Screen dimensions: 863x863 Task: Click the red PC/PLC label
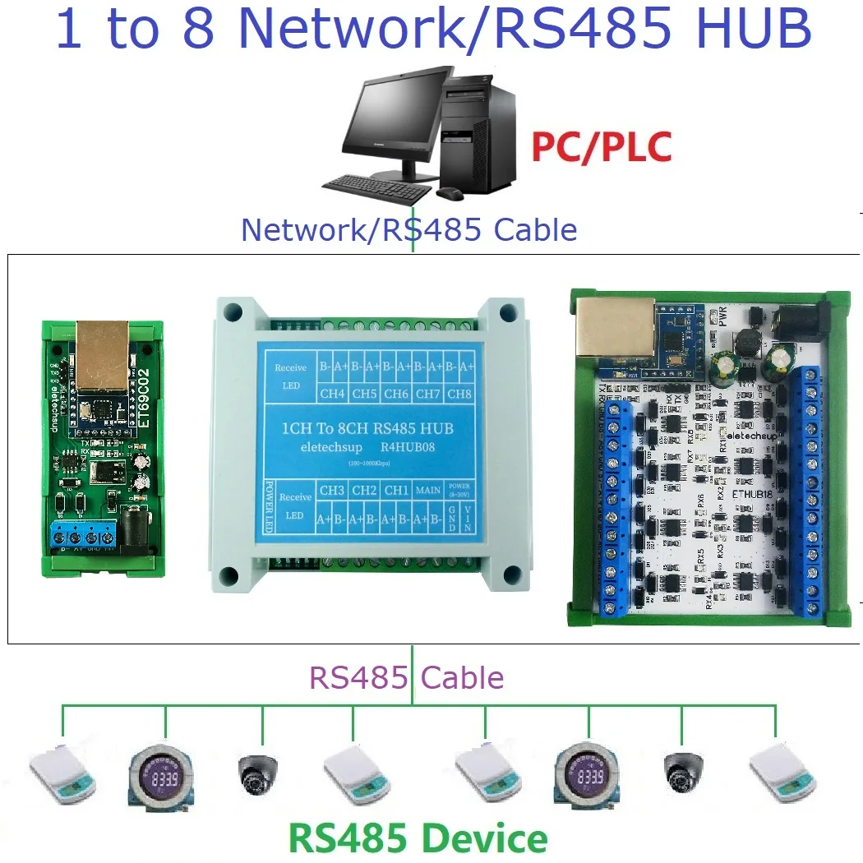(601, 147)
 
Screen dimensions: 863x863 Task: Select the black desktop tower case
(479, 136)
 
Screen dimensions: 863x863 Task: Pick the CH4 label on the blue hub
(332, 393)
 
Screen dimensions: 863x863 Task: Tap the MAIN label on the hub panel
(427, 491)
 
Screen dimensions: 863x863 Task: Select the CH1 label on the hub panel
(396, 491)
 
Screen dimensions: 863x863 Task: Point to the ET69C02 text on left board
(142, 395)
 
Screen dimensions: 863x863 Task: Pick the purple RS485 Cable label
(406, 678)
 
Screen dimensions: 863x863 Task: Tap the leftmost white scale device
(62, 773)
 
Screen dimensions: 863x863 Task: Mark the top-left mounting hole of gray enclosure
(233, 312)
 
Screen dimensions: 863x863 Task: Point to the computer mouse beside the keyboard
(449, 193)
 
